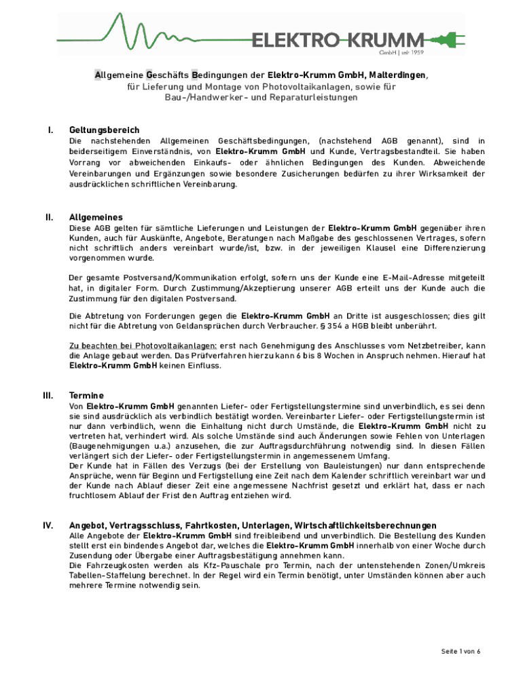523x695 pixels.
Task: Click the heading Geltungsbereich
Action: pos(105,130)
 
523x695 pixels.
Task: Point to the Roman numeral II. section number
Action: pos(49,217)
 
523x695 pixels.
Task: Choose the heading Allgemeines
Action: pos(96,217)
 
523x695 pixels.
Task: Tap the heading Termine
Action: pos(87,395)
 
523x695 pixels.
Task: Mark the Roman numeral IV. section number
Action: pos(49,525)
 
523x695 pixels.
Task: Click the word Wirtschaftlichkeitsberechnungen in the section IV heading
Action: pos(365,525)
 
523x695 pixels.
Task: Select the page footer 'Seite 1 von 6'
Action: pos(461,651)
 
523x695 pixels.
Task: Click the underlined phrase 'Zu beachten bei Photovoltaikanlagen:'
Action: pos(143,345)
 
